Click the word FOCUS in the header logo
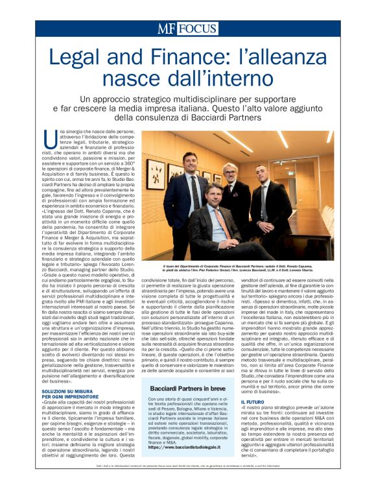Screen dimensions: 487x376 pyautogui.click(x=198, y=29)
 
